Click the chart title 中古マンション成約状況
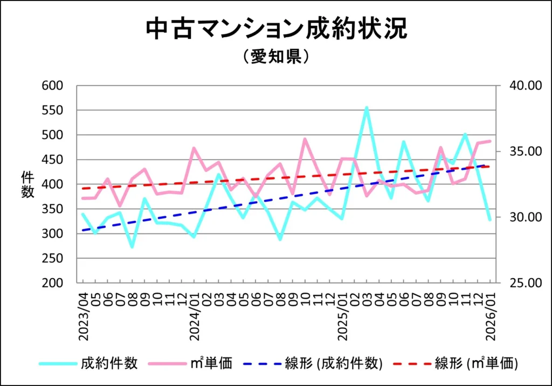[276, 30]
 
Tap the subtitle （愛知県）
[275, 57]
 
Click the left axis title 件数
[27, 184]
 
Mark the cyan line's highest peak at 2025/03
[367, 108]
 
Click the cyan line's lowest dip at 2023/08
[132, 247]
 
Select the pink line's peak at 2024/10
[305, 139]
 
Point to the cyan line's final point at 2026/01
[490, 219]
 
